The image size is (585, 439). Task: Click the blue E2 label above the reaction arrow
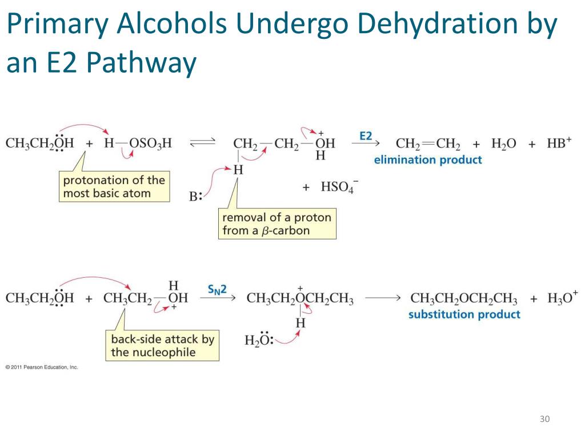tap(366, 136)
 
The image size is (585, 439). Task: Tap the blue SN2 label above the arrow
tap(217, 290)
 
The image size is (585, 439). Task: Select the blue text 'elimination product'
tap(428, 160)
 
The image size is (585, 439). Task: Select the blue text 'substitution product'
tap(464, 314)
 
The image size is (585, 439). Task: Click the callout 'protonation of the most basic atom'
tap(114, 187)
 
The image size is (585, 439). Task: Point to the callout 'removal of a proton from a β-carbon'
tap(277, 224)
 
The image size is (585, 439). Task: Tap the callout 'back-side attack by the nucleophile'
tap(162, 345)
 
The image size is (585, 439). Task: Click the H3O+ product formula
tap(562, 298)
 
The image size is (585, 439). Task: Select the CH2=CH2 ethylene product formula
tap(428, 143)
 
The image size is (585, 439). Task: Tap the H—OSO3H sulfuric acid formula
tap(138, 143)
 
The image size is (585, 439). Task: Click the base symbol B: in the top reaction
tap(196, 197)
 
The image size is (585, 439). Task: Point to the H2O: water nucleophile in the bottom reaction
tap(259, 341)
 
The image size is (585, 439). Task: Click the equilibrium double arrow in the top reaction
tap(202, 143)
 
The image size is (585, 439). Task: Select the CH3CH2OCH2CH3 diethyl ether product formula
tap(464, 299)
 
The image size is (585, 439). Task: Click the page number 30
tap(544, 420)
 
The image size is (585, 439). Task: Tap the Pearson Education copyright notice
tap(41, 367)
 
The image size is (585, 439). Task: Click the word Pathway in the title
tap(142, 63)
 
